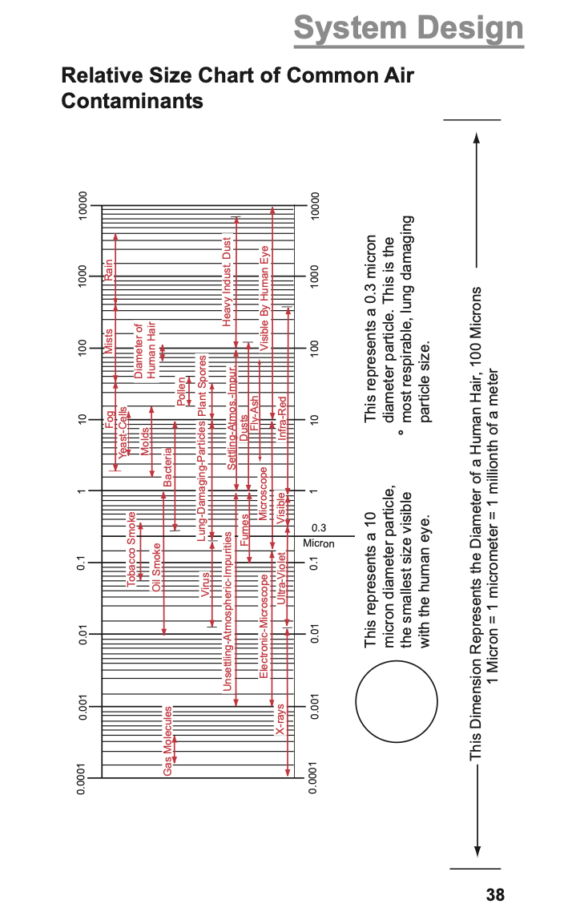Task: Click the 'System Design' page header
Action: click(409, 29)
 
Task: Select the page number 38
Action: click(495, 895)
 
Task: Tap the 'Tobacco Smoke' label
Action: click(132, 550)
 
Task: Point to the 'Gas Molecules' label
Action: click(168, 741)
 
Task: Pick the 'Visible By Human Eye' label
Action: click(265, 293)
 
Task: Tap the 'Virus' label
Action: click(205, 583)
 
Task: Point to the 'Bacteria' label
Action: click(168, 466)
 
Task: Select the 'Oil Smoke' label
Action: click(157, 567)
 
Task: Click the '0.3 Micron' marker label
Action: click(319, 536)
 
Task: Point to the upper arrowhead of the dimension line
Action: click(477, 135)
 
